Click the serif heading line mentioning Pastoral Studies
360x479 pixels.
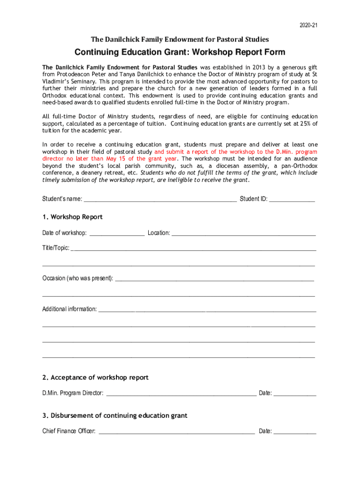point(180,39)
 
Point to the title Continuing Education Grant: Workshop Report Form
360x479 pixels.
point(180,52)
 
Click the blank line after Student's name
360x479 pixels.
point(160,199)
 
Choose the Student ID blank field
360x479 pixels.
point(292,199)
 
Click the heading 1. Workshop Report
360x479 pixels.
point(72,217)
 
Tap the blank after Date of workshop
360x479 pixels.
point(117,233)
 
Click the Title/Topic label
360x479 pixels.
point(56,248)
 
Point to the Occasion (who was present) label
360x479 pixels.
point(78,278)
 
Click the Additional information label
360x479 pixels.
point(70,309)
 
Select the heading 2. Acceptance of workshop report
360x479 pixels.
point(95,377)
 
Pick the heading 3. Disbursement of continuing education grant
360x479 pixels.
point(115,415)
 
